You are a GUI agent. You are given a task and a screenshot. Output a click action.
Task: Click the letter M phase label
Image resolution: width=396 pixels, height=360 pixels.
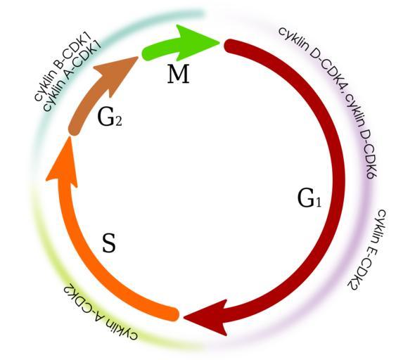(x=178, y=74)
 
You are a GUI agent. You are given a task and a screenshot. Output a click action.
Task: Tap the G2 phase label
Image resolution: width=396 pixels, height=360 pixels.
(x=110, y=117)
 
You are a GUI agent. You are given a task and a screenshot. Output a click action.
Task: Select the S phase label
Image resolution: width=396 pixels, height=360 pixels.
(x=109, y=243)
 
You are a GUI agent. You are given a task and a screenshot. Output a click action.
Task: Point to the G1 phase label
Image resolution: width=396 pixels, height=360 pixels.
(x=309, y=198)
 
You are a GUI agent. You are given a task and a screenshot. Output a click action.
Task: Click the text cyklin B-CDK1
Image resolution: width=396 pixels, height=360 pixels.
(x=62, y=67)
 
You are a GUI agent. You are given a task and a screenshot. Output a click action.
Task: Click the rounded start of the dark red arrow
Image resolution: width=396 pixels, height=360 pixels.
(x=231, y=46)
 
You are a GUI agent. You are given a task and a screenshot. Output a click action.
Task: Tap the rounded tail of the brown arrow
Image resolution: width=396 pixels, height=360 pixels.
(x=74, y=129)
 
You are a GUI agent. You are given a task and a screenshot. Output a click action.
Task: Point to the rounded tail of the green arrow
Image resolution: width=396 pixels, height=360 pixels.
(x=148, y=53)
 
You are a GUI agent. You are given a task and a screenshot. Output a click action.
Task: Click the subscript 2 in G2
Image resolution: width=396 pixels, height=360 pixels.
(x=118, y=122)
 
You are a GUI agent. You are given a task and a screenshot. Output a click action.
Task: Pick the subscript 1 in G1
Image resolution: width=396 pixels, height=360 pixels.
(x=318, y=202)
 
